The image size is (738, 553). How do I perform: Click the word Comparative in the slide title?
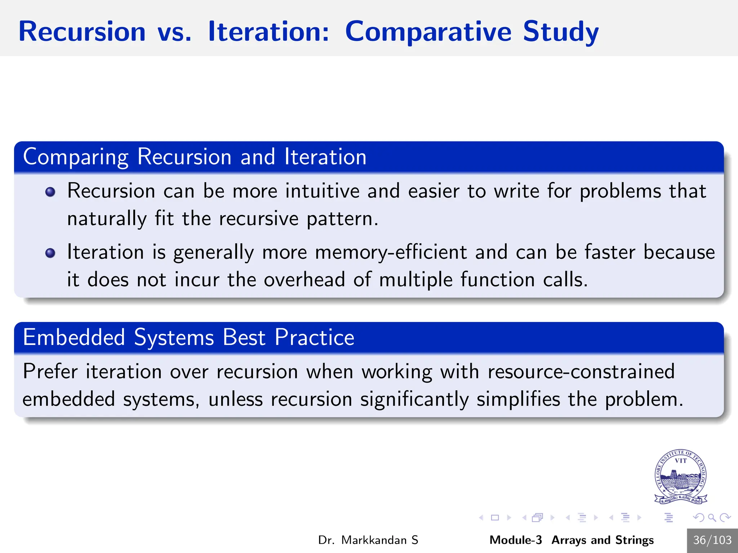428,32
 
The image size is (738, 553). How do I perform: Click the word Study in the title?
560,32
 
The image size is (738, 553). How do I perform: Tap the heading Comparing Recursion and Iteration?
195,157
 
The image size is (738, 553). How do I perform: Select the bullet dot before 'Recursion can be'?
50,192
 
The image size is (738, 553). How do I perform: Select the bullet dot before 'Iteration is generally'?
50,253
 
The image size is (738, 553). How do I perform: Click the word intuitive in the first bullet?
322,191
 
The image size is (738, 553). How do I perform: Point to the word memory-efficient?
391,252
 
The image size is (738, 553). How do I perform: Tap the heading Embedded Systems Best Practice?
188,338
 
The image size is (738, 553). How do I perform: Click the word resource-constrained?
581,372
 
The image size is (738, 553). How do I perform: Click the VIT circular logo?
680,477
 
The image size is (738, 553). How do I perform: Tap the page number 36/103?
712,540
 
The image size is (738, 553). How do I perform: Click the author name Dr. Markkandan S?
368,540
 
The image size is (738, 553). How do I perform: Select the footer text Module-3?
515,540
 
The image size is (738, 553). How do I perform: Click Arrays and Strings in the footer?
603,540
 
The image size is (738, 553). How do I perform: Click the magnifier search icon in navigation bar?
712,518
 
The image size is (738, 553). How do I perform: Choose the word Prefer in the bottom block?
50,372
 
